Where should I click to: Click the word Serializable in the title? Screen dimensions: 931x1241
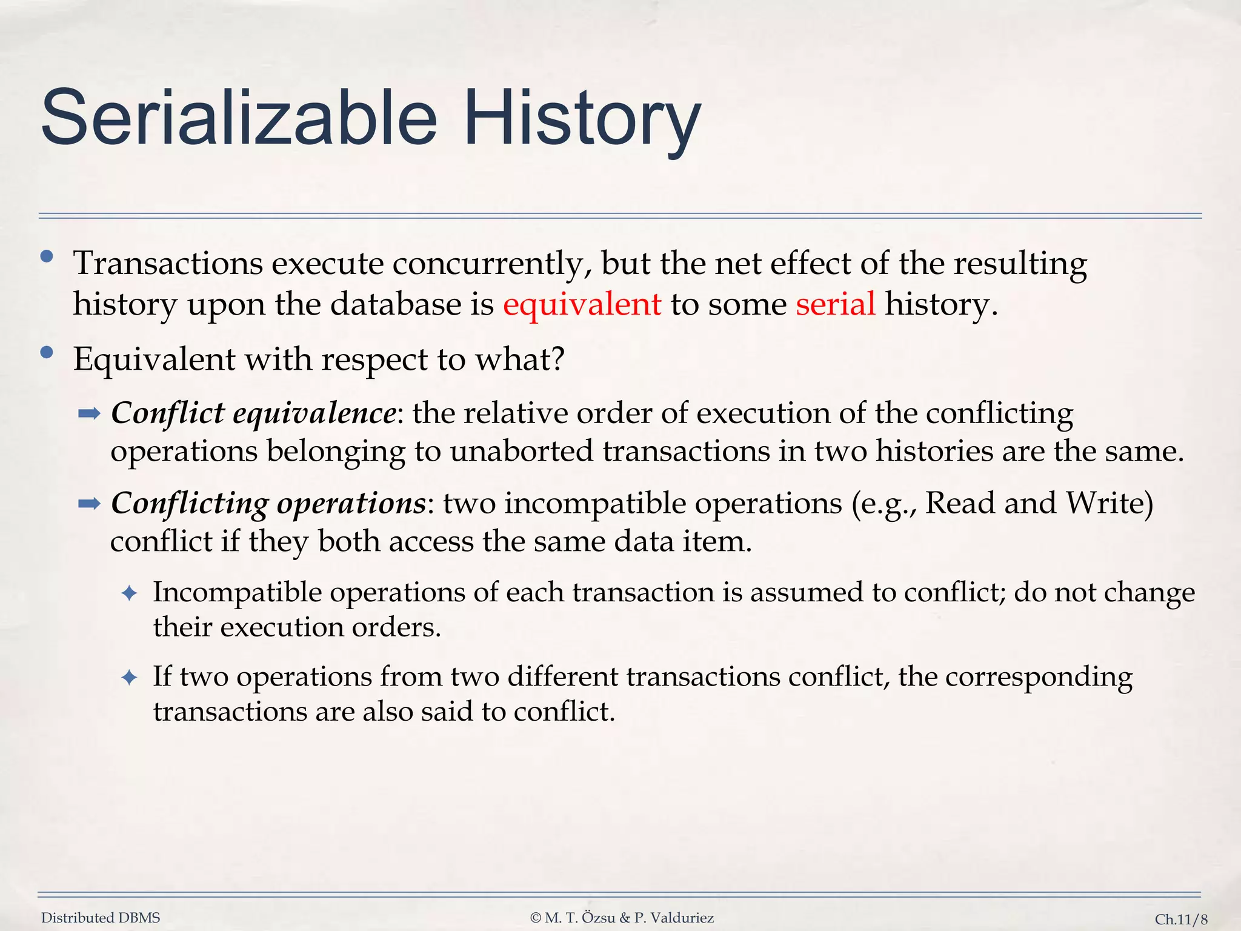(x=239, y=118)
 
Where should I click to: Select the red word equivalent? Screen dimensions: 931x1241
(x=582, y=304)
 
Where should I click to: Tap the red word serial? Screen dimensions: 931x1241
(x=835, y=304)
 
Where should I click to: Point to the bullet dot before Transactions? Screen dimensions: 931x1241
(x=47, y=258)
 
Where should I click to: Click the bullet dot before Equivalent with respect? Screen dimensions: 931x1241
(x=47, y=353)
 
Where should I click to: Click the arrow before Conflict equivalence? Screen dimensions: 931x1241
(x=89, y=415)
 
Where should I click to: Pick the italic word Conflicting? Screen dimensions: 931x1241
(x=190, y=504)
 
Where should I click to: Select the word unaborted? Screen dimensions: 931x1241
(x=521, y=452)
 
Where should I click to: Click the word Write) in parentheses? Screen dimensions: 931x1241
(x=1109, y=504)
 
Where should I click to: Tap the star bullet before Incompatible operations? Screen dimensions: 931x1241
(x=130, y=593)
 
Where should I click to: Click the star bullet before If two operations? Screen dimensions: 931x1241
(x=130, y=678)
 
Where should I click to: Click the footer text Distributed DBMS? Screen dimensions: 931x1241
(x=101, y=918)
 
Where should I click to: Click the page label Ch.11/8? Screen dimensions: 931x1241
(x=1180, y=919)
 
